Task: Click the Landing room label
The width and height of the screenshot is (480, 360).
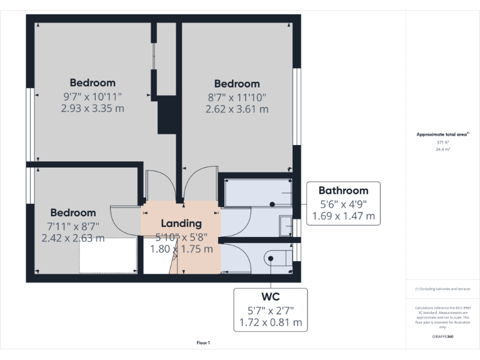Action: coord(181,223)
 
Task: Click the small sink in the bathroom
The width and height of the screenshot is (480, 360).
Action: coord(285,225)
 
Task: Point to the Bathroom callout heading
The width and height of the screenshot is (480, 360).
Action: coord(343,191)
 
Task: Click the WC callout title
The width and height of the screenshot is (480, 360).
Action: coord(271,297)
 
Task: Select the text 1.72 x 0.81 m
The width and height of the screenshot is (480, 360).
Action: coord(271,323)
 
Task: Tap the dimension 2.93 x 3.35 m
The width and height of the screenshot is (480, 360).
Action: coord(92,108)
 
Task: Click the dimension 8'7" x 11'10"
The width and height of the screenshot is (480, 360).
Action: coord(237,97)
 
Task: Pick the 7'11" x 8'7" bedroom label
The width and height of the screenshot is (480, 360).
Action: coord(73,226)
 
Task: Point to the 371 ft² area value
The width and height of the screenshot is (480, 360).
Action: coord(443,142)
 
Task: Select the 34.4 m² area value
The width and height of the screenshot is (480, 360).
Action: coord(443,149)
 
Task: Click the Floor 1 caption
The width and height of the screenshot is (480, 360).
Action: coord(203,343)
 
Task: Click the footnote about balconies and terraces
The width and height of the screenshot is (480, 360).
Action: coord(442,289)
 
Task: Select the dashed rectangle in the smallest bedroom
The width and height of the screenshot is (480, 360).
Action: coord(107,255)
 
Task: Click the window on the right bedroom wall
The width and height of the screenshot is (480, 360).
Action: coord(297,106)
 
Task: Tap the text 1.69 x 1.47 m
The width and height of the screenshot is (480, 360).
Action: coord(343,217)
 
